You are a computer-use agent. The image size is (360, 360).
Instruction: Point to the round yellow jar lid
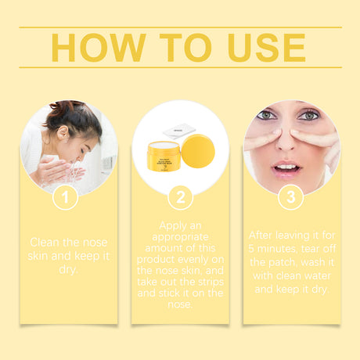[x=198, y=152]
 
